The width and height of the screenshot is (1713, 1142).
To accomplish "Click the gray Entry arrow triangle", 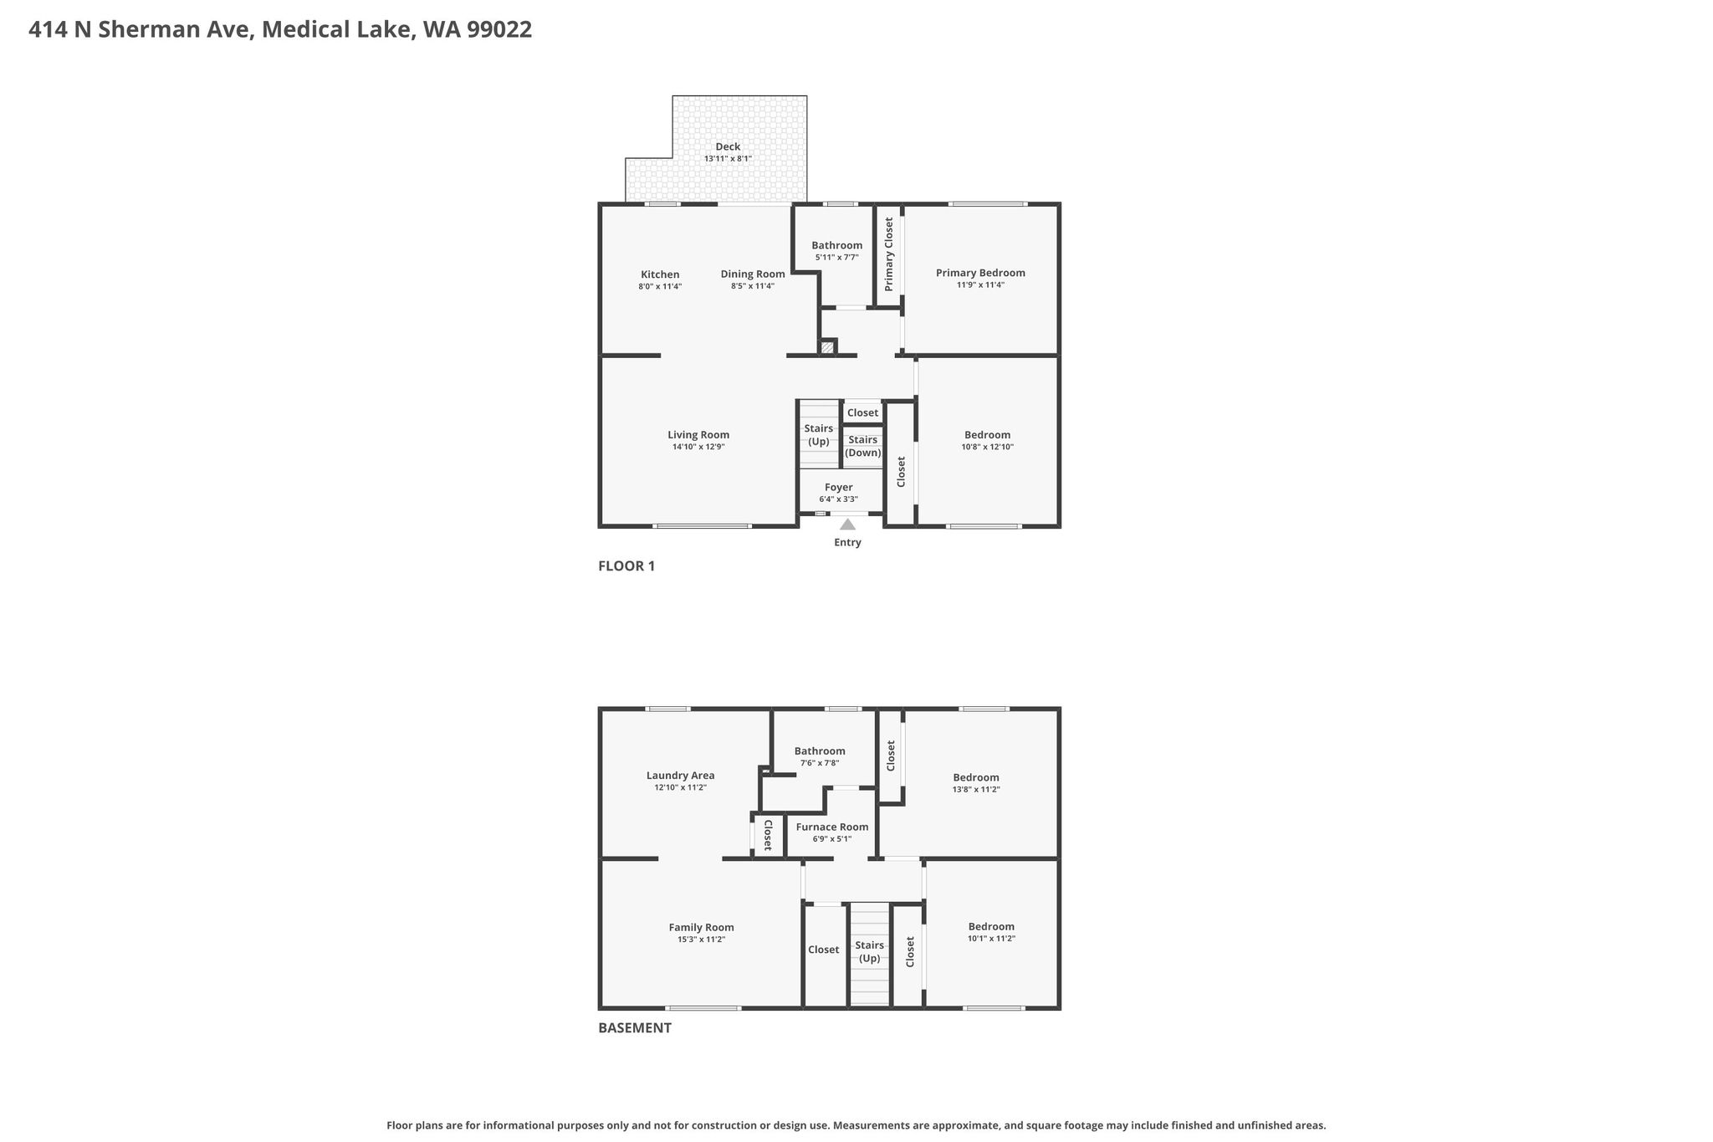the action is coord(847,525).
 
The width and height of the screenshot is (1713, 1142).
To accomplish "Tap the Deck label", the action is coord(728,146).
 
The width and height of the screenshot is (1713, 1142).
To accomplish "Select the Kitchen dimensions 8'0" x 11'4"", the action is coord(660,287).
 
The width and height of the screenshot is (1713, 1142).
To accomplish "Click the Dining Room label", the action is coord(753,274).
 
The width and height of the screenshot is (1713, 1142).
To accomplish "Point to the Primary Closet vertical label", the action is coord(889,254).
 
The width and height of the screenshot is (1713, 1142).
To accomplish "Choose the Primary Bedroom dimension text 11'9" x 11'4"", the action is coord(980,285).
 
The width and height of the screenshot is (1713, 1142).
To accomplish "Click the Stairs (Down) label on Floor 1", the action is coord(862,446).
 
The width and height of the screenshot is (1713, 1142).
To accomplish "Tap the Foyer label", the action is coord(839,488).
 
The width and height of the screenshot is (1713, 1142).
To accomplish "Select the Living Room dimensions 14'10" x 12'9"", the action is coord(698,448).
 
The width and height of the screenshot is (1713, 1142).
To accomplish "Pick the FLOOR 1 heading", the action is coord(626,566).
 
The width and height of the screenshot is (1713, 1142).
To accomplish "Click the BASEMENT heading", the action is coord(635,1028).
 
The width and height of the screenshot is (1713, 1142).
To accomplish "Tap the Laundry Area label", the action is coord(681,776).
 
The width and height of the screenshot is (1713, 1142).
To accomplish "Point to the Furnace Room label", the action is coord(832,827).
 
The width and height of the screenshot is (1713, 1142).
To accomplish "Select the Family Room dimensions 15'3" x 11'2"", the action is coord(702,940).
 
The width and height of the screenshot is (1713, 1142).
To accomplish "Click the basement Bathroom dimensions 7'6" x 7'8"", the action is coord(820,763).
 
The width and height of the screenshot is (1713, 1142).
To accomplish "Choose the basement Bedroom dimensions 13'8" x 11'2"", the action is coord(976,790).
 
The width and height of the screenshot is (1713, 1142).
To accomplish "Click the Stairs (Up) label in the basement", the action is coord(870,952).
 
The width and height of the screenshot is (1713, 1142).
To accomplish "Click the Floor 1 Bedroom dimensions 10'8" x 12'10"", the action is coord(988,448).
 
